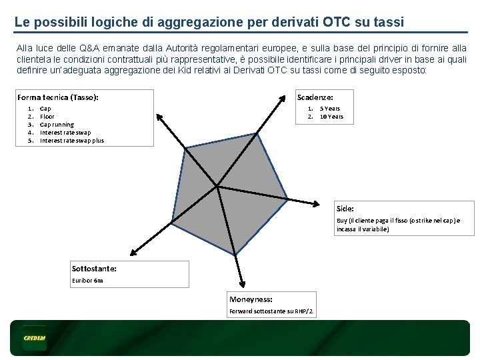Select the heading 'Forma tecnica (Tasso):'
[x=58, y=97]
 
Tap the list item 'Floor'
[x=47, y=117]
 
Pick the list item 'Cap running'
[x=57, y=125]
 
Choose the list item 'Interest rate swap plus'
[x=72, y=141]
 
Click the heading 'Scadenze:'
[x=315, y=97]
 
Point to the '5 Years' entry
[x=329, y=109]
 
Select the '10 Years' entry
[x=331, y=117]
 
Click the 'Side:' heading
[x=345, y=209]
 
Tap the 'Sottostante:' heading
[x=94, y=269]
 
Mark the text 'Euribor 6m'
[x=87, y=281]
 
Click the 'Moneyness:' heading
[x=251, y=299]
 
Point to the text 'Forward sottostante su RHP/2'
[x=271, y=311]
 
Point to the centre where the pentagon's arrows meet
[x=218, y=186]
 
